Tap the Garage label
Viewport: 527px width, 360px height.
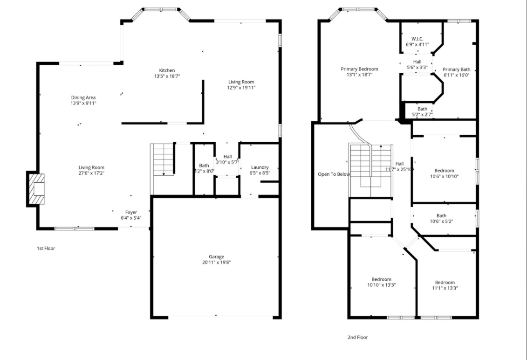point(216,256)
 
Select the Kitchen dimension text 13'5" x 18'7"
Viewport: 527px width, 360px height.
point(167,76)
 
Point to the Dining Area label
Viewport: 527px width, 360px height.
point(83,97)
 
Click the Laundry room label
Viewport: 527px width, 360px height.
point(260,167)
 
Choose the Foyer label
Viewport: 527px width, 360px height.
point(131,212)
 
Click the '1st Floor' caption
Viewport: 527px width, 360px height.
point(46,248)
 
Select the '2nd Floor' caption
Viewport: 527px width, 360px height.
point(357,337)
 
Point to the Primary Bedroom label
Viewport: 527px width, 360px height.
point(359,69)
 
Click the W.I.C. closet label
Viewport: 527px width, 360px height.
point(417,39)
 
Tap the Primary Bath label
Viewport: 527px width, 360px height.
point(456,69)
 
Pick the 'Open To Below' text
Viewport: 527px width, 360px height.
point(334,174)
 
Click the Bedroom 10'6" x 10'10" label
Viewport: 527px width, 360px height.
point(444,171)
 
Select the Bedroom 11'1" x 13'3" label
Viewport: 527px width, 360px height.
point(445,282)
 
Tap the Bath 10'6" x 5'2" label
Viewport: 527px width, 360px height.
point(441,215)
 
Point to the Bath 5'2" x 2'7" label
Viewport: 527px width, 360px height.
point(422,109)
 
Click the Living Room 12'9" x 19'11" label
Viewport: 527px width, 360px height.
point(241,82)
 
